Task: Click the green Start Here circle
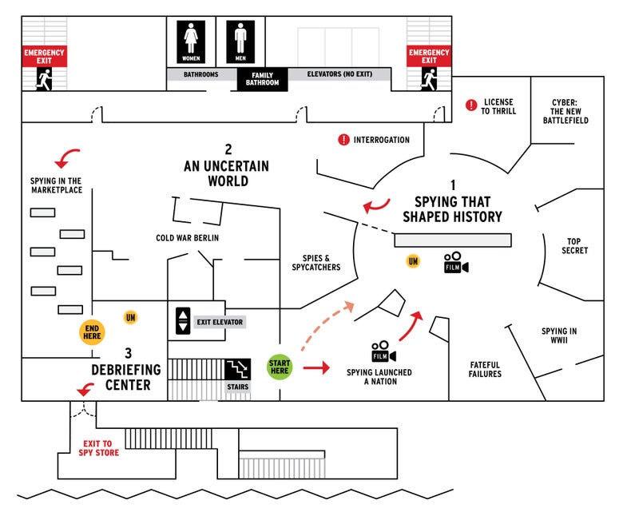tap(280, 367)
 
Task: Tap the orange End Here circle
tap(92, 332)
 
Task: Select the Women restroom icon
tap(191, 42)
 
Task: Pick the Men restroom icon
tap(240, 42)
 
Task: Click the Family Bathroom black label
tap(262, 79)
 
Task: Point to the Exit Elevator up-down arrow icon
tap(183, 320)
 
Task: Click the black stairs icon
tap(237, 368)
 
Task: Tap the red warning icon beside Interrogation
tap(343, 140)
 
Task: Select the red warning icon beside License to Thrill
tap(471, 105)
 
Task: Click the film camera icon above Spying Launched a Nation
tap(383, 351)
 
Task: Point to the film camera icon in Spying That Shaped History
tap(456, 263)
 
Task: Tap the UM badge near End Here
tap(131, 317)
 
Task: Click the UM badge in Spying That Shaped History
tap(413, 261)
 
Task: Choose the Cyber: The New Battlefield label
tap(565, 111)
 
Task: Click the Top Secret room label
tap(574, 246)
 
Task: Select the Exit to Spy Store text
tap(98, 448)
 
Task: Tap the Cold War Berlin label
tap(187, 238)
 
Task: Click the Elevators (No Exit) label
tap(339, 73)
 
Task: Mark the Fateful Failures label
tap(485, 369)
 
